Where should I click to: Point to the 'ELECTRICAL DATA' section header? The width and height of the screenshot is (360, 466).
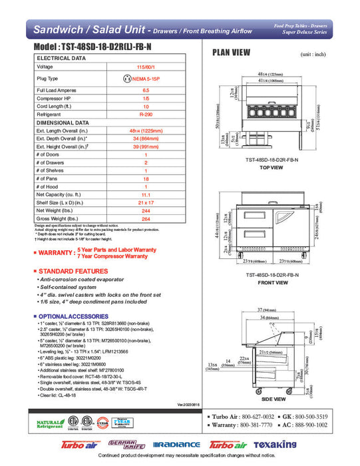tap(63, 58)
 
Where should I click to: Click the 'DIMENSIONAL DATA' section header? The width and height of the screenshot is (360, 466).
tap(63, 122)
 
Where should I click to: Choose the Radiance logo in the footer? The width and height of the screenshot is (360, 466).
tap(176, 445)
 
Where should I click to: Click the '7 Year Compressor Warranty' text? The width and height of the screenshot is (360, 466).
tap(117, 256)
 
